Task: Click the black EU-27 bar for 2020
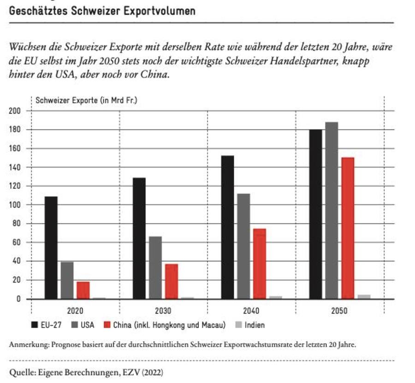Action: pos(51,248)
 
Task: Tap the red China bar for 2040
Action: pos(260,264)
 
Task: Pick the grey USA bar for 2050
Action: pos(332,211)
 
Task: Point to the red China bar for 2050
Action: pos(348,228)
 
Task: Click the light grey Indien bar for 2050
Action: pos(364,297)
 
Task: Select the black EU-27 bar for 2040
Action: pos(227,227)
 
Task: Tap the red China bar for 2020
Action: pos(83,290)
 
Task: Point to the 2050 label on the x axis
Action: pos(339,310)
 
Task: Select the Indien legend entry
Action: pos(255,325)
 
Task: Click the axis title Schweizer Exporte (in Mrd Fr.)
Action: pos(86,100)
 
